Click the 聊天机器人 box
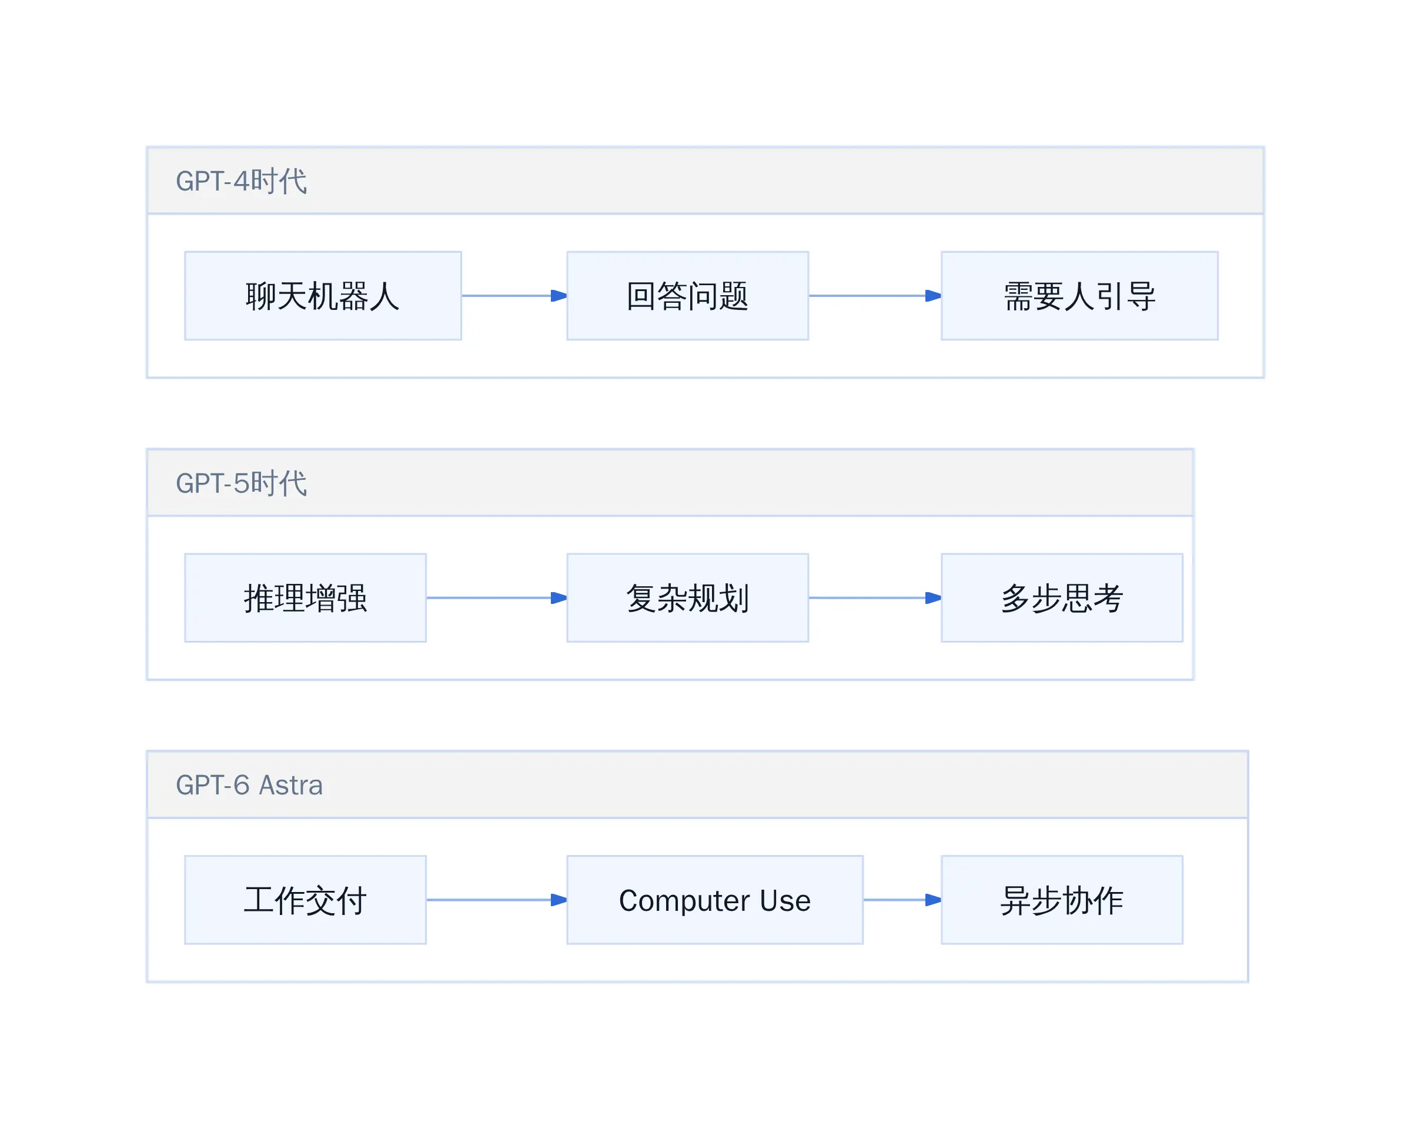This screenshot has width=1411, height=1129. coord(323,296)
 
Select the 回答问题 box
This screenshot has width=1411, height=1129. coord(687,296)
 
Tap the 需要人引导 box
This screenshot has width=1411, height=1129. coord(1079,296)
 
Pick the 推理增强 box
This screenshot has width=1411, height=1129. coord(306,597)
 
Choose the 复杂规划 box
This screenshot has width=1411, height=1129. coord(687,597)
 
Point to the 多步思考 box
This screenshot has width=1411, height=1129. coord(1062,597)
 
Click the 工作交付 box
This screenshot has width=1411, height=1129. coord(306,900)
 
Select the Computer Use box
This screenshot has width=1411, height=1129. coord(715,900)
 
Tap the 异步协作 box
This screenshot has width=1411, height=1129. coord(1062,900)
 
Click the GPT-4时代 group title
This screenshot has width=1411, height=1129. coord(241,181)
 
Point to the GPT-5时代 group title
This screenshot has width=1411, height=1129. coord(241,483)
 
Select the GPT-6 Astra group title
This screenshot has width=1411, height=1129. coord(249,785)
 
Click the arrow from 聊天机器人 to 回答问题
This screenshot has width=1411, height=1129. coord(514,296)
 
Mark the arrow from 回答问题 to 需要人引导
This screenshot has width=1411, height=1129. coord(875,296)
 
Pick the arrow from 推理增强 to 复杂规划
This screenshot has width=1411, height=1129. coord(497,597)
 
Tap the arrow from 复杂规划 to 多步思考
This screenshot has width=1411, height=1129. coord(875,597)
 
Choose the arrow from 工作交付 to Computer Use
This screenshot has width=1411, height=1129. coord(497,900)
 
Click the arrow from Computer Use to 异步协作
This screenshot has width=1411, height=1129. coord(902,900)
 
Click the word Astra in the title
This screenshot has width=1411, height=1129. coord(291,785)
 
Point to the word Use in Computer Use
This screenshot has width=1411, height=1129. coord(785,901)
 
